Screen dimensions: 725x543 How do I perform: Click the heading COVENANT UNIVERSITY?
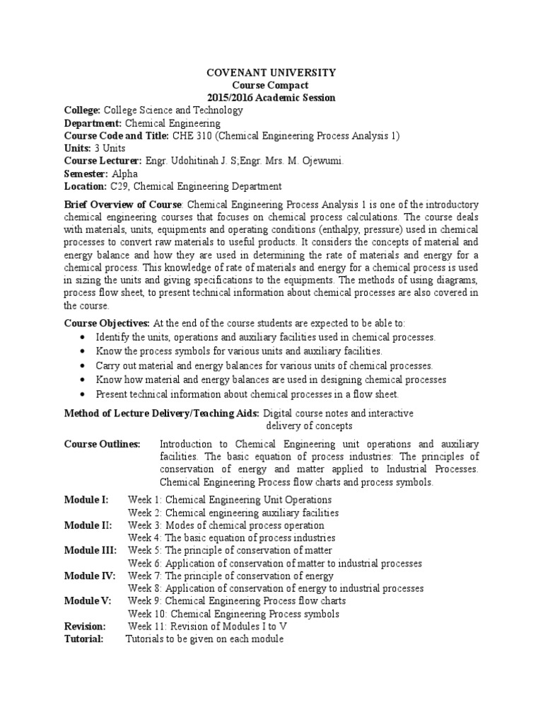[271, 72]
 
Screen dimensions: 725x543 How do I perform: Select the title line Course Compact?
[271, 85]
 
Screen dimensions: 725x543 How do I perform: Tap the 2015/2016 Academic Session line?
[271, 98]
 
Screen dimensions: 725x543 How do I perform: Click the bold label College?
[83, 110]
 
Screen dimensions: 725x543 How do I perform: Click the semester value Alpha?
[124, 174]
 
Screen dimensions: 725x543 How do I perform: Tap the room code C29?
[119, 187]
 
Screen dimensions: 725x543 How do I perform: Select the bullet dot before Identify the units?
[85, 338]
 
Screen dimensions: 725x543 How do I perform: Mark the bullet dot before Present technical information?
[85, 394]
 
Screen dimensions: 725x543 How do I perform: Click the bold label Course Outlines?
[103, 444]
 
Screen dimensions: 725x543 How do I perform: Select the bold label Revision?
[85, 627]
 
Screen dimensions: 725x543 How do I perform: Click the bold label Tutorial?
[83, 639]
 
